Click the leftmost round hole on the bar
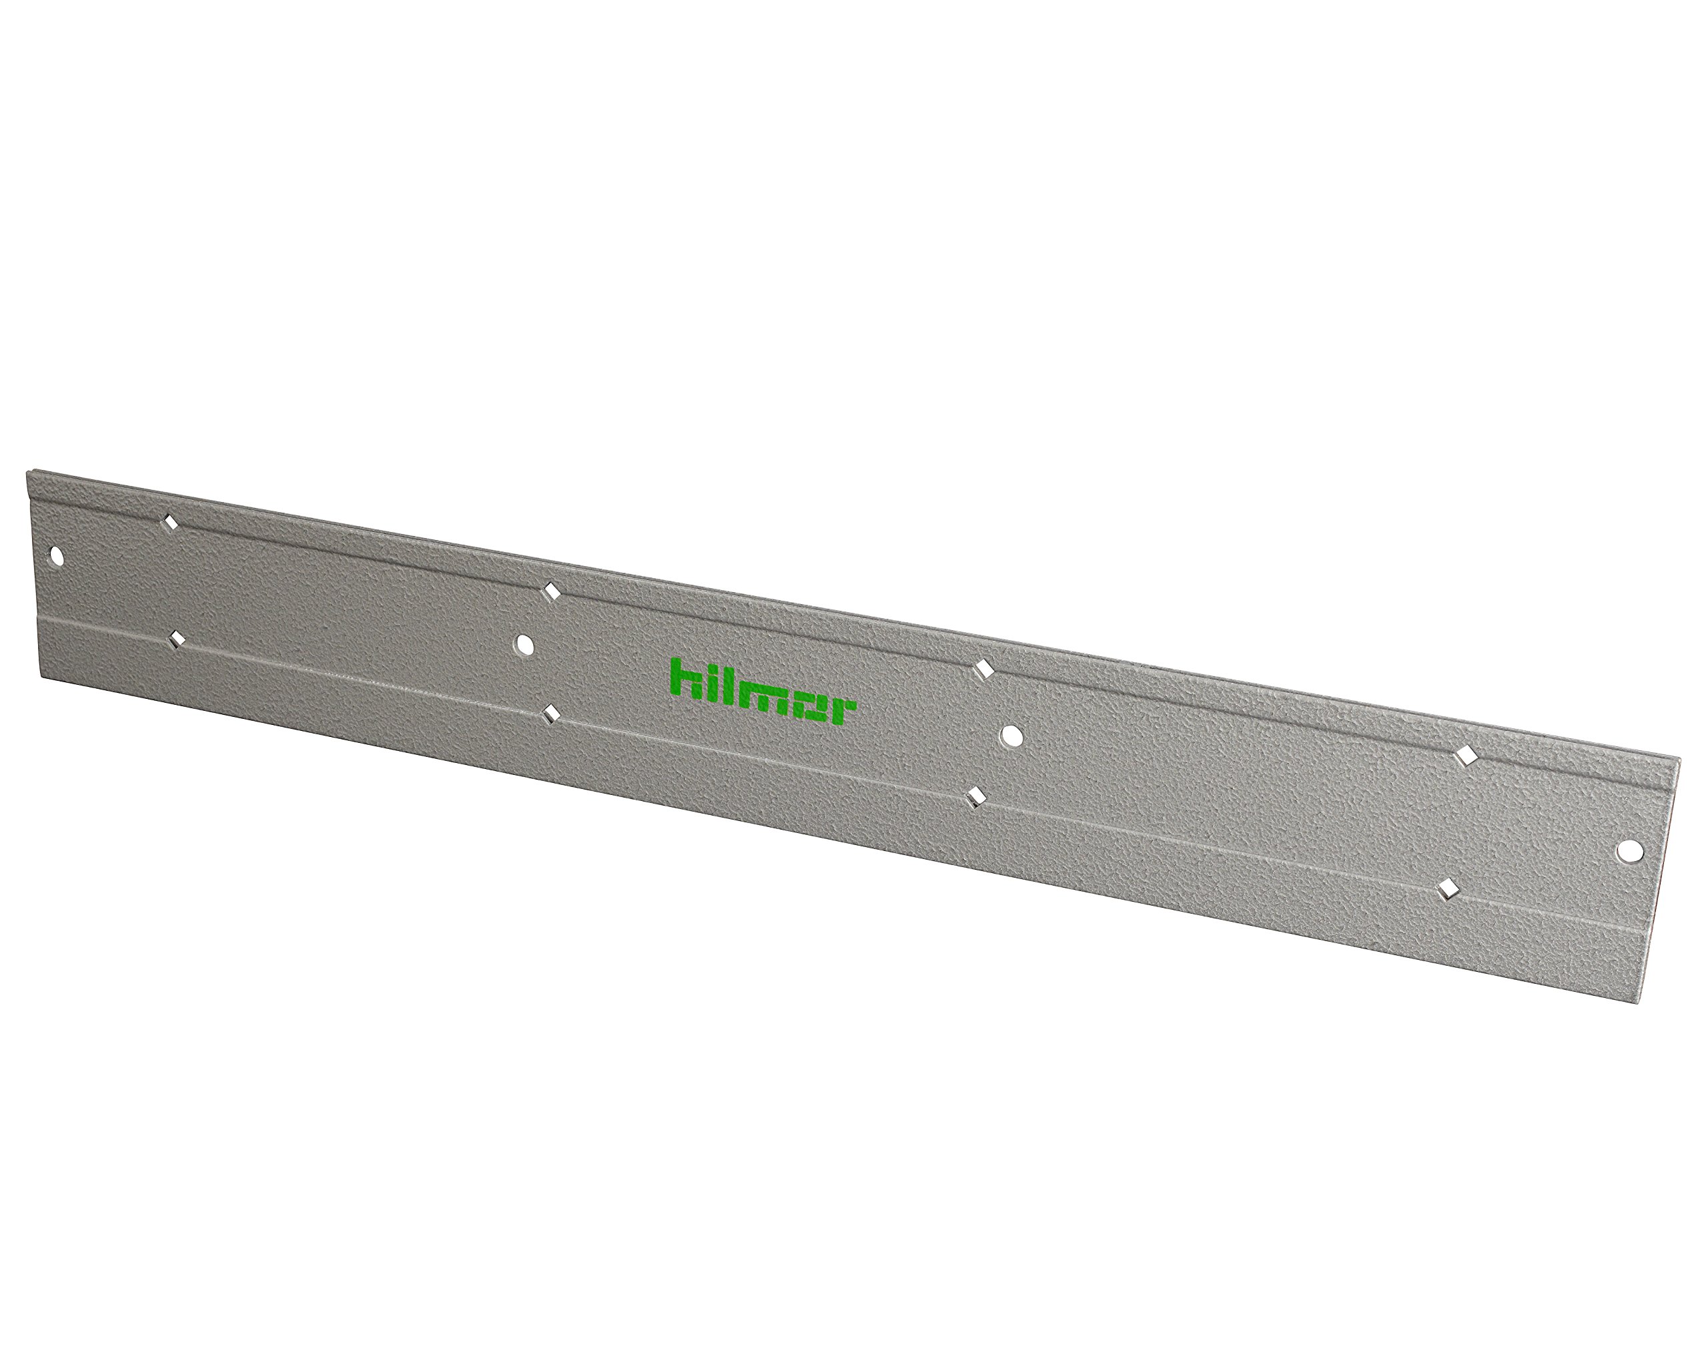pos(56,555)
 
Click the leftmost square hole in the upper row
pos(169,521)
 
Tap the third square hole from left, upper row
pos(984,669)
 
